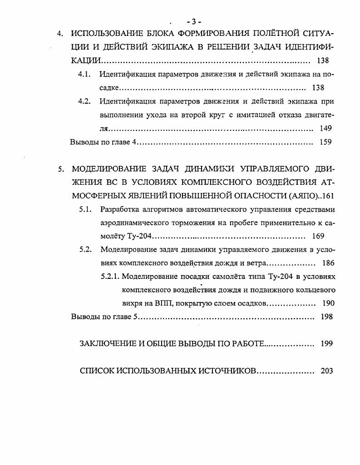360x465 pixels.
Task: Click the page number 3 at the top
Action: pos(193,21)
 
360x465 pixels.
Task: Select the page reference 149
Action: pos(325,129)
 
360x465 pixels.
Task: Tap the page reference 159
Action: pos(325,142)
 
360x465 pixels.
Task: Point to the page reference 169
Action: pos(319,236)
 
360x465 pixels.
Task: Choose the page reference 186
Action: pos(328,262)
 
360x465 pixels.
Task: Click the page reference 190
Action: pos(328,303)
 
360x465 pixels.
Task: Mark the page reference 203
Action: pos(326,371)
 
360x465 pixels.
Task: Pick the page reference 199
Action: pos(326,344)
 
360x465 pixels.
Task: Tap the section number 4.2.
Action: pos(85,101)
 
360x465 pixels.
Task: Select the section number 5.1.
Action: pos(86,209)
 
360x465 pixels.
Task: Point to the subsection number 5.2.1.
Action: pos(111,276)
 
